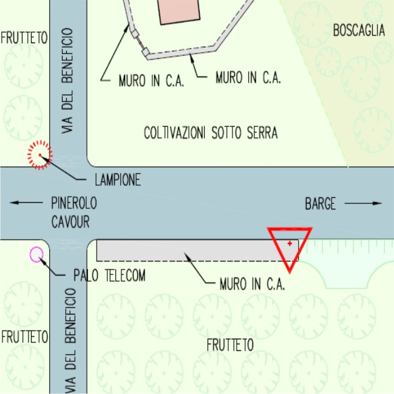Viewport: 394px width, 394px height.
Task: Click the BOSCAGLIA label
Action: coord(359,30)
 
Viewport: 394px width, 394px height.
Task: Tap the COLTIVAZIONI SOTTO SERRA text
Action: coord(211,133)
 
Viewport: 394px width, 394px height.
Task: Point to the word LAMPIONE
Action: coord(118,180)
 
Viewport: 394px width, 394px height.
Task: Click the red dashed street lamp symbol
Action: coord(40,155)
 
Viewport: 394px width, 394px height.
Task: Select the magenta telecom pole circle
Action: coord(36,254)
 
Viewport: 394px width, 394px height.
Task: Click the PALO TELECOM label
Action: coord(109,275)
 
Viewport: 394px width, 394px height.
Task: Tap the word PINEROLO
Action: coord(74,203)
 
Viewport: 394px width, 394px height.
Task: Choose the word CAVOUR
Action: coord(70,222)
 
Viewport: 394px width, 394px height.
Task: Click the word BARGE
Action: coord(321,203)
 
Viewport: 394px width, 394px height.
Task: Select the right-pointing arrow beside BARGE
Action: coord(364,203)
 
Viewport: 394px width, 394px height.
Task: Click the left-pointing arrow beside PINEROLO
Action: coord(26,203)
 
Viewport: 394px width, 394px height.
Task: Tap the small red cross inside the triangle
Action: coord(290,243)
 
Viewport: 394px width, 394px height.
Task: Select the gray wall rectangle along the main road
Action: coord(197,251)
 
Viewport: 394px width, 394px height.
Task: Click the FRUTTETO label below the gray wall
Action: coord(230,345)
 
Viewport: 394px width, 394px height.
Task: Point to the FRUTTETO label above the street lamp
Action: coord(24,38)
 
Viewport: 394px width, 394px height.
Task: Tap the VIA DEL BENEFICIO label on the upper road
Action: coord(67,80)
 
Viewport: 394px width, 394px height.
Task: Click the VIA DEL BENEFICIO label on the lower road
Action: coord(70,341)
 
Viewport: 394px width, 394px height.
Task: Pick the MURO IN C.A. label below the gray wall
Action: coord(253,284)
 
